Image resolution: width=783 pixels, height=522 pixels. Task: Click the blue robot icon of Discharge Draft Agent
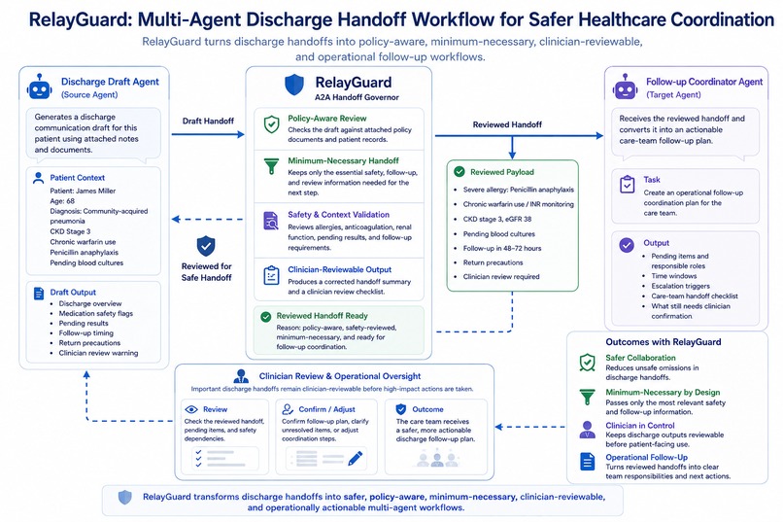[x=40, y=87]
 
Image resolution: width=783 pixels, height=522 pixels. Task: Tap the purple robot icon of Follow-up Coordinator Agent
[x=625, y=87]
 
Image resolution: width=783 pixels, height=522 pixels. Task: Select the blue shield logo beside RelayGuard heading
[x=294, y=85]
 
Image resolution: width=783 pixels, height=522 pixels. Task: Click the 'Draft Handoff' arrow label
[x=208, y=121]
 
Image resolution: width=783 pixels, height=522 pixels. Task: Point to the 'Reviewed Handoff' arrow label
[x=507, y=124]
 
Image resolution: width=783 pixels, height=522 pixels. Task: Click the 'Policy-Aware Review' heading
[x=327, y=119]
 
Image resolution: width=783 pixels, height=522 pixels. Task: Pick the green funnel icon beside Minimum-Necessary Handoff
[x=271, y=166]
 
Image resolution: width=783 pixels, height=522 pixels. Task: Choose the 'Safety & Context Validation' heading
[x=339, y=214]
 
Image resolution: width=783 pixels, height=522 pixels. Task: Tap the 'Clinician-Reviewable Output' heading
[x=340, y=269]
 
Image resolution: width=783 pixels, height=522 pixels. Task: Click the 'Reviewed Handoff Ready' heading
[x=323, y=316]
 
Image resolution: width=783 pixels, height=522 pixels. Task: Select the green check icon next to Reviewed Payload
[x=459, y=172]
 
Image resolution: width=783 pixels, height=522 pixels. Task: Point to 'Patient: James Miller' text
[x=83, y=191]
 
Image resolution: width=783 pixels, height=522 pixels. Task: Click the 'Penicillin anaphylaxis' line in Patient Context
[x=84, y=253]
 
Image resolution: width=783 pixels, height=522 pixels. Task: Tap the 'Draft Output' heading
[x=73, y=293]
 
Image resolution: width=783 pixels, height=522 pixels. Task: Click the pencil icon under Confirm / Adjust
[x=355, y=458]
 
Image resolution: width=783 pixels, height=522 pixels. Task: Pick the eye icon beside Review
[x=191, y=409]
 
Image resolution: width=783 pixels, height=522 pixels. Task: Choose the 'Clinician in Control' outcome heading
[x=639, y=426]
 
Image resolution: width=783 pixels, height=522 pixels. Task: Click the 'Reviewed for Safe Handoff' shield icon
[x=206, y=246]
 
